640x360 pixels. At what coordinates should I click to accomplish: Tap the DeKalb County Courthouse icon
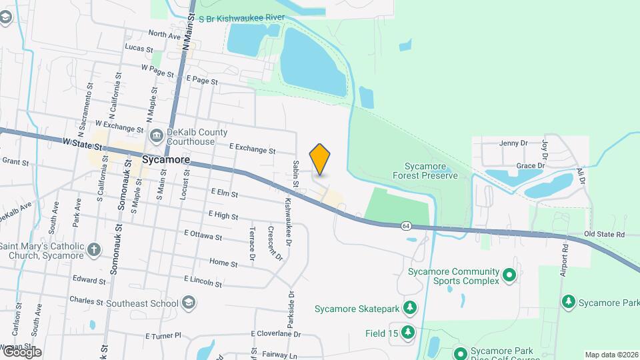(157, 137)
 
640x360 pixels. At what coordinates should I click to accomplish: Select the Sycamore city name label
(166, 160)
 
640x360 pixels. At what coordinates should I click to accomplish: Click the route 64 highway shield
(406, 226)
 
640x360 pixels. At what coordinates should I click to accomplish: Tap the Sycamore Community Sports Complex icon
(510, 274)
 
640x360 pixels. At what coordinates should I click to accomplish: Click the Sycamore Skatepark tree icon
(411, 308)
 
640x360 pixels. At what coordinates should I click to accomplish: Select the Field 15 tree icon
(407, 332)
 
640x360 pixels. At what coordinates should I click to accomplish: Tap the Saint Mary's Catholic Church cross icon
(95, 250)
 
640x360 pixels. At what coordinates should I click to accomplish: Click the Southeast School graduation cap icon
(189, 303)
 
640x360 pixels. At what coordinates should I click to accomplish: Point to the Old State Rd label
(604, 235)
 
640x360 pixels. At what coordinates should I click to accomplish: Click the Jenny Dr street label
(513, 143)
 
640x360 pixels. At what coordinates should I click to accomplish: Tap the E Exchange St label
(252, 151)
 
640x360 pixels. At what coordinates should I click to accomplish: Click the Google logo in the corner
(22, 351)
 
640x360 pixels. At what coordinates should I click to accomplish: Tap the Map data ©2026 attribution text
(611, 355)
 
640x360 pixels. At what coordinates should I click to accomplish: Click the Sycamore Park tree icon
(569, 303)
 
